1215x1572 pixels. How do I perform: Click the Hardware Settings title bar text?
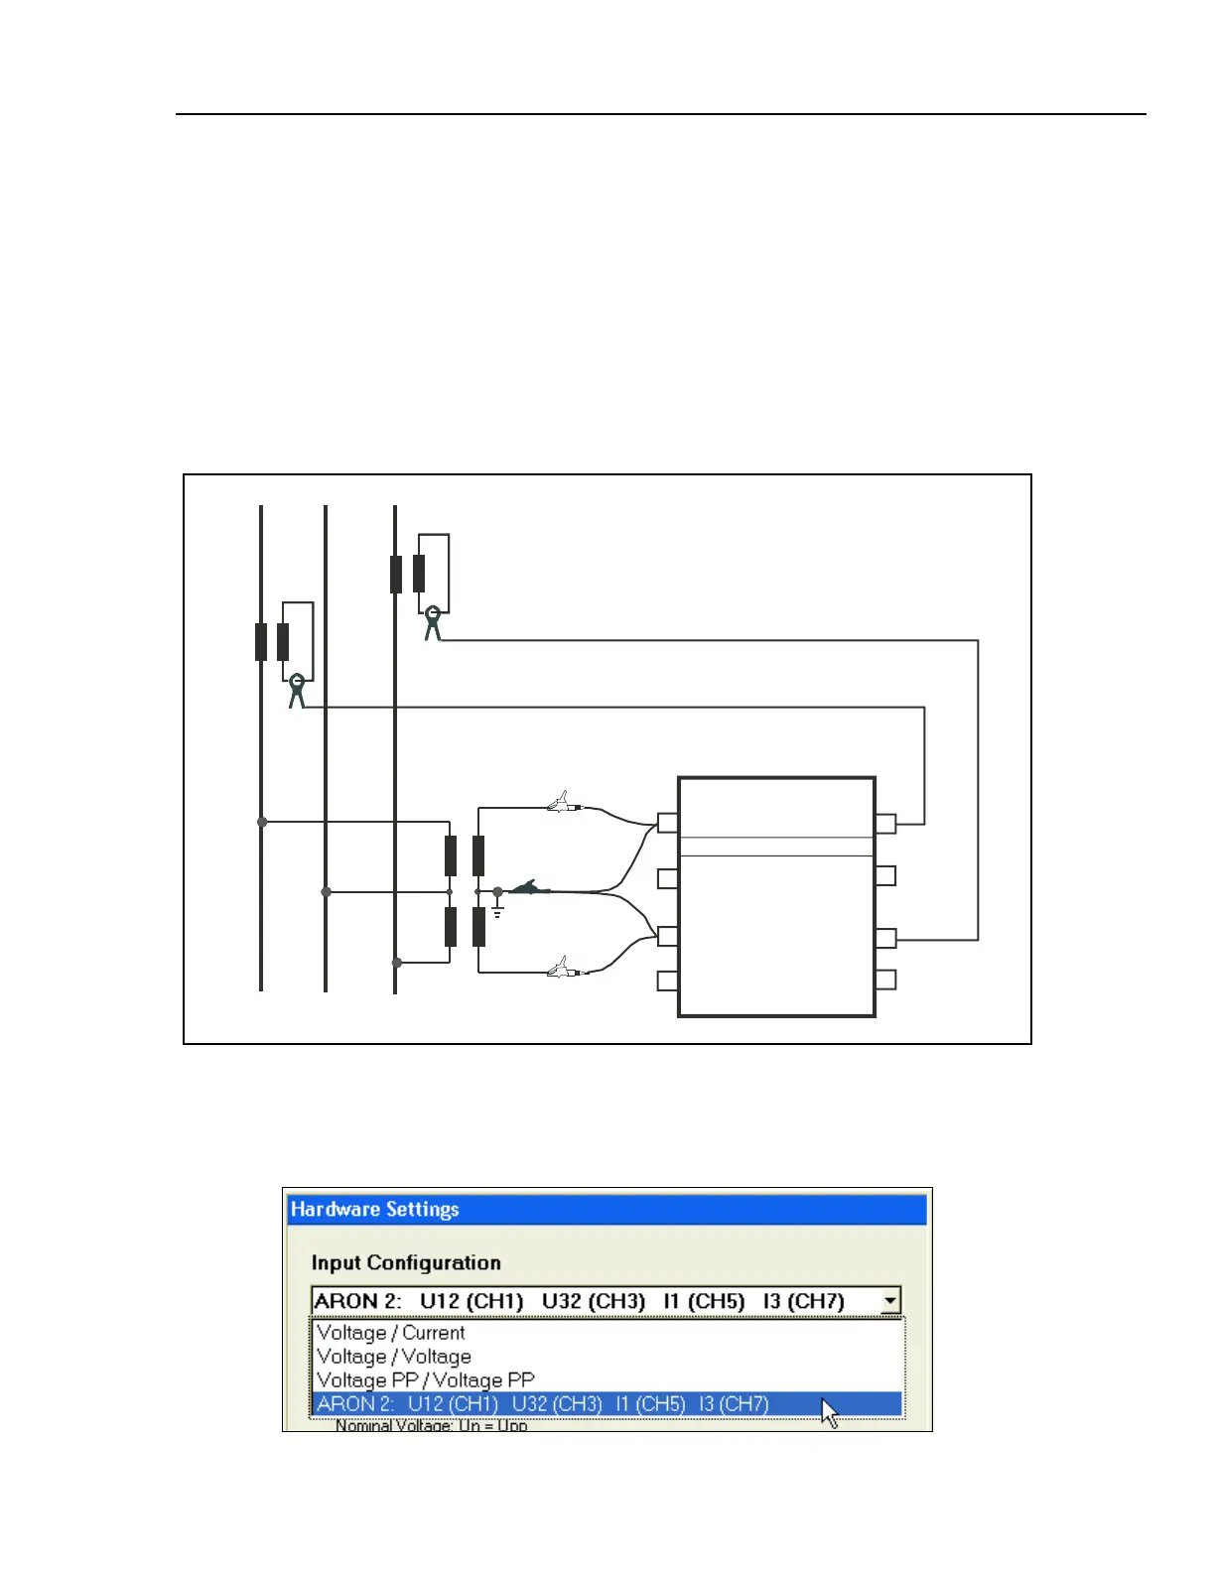pos(374,1209)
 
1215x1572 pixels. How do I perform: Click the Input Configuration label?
pos(405,1262)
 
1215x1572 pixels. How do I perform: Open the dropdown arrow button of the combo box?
pos(890,1300)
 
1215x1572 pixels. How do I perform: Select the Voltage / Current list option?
pos(390,1333)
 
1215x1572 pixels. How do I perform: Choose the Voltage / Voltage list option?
pos(393,1357)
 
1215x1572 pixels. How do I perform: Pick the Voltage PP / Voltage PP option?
pos(425,1380)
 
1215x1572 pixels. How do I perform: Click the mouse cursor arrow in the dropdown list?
pos(829,1412)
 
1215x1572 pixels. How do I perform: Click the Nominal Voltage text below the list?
pos(431,1426)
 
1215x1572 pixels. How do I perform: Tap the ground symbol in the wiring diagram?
pos(497,908)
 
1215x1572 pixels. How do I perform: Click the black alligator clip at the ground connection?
pos(530,888)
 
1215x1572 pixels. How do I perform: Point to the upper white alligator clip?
pos(563,803)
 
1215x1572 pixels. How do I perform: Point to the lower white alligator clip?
pos(563,968)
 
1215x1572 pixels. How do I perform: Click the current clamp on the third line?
pos(432,622)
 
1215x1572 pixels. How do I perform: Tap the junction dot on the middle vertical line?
pos(327,892)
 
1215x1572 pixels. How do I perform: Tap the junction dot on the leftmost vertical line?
pos(262,822)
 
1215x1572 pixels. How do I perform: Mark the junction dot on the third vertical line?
pos(397,963)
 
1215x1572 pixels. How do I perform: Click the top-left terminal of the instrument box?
pos(668,823)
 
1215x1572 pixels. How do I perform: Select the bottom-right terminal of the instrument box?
pos(885,980)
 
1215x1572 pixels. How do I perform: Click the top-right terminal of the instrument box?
pos(885,823)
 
